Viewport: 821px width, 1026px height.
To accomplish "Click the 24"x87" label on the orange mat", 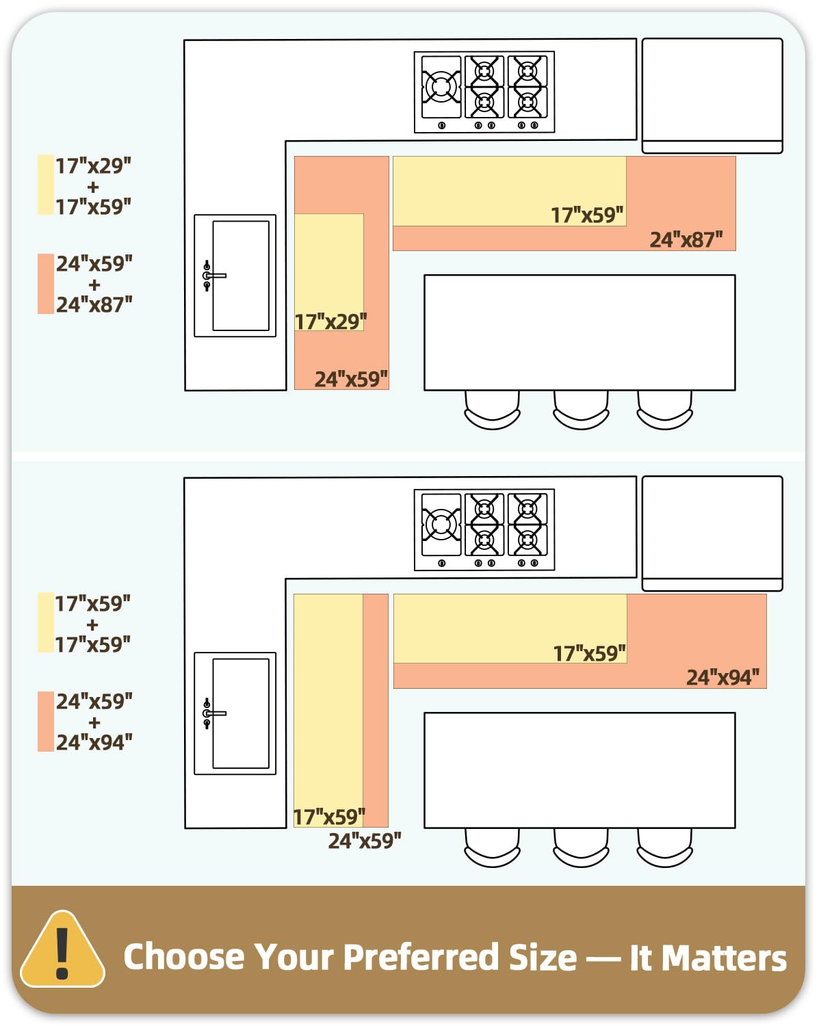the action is click(686, 239).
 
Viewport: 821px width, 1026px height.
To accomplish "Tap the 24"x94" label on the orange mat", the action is click(722, 677).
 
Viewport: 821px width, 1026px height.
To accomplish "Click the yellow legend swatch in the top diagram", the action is click(46, 185).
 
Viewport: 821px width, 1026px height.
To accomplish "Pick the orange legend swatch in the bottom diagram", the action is click(46, 722).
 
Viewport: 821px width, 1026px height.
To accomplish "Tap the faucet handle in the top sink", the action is click(215, 276).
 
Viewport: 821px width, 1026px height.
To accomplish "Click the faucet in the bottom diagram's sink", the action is click(215, 713).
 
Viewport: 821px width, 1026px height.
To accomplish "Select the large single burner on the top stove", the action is click(441, 87).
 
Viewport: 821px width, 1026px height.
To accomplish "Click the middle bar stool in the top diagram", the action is click(581, 410).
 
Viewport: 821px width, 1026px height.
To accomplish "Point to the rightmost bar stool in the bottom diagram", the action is click(664, 847).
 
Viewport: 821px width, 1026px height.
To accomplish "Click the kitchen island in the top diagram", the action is click(579, 332).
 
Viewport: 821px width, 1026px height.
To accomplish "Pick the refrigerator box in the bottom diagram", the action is click(712, 534).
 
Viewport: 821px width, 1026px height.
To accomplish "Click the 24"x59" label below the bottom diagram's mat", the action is click(365, 841).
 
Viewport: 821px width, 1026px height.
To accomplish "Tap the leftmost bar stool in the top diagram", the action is click(492, 410).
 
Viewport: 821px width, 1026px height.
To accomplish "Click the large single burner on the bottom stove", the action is click(441, 525).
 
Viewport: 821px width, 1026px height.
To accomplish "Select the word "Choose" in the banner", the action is click(183, 957).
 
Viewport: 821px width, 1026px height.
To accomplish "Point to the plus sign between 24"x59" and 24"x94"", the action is click(94, 722).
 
